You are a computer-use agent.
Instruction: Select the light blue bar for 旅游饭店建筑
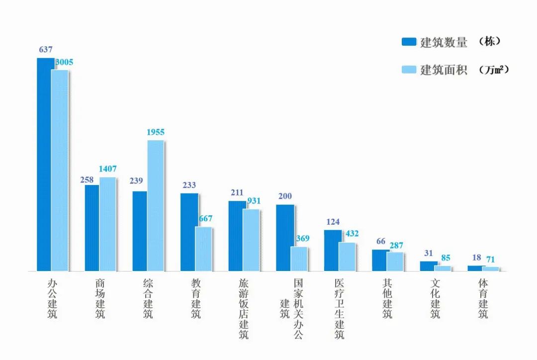[251, 240]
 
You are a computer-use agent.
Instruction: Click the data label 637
[45, 50]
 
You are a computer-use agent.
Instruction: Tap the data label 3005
[64, 63]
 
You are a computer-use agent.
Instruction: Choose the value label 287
[396, 245]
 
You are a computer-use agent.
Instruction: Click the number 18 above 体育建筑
[476, 258]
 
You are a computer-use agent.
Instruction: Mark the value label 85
[446, 258]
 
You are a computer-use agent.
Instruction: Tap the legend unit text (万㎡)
[494, 70]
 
